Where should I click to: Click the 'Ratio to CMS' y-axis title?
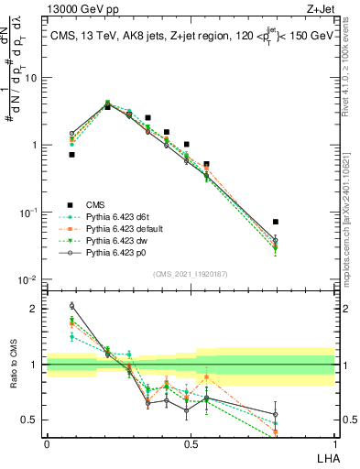coord(13,364)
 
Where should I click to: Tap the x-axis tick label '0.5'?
coord(191,443)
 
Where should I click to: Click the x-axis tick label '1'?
coord(334,443)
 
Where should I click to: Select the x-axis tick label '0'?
coord(47,443)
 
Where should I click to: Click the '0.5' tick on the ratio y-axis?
coord(29,420)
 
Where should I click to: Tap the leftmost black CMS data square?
coord(71,155)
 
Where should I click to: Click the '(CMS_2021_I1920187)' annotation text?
coord(191,272)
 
